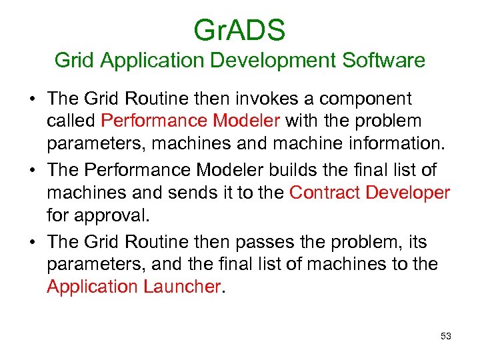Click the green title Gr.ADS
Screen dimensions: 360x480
tap(239, 30)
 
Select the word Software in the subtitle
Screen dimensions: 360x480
tap(383, 61)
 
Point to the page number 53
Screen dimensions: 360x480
tap(446, 336)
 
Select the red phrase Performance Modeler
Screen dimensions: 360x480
tap(193, 121)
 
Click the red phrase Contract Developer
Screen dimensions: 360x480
tap(370, 193)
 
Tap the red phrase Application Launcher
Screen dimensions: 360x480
tap(133, 286)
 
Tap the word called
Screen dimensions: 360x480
tap(71, 121)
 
